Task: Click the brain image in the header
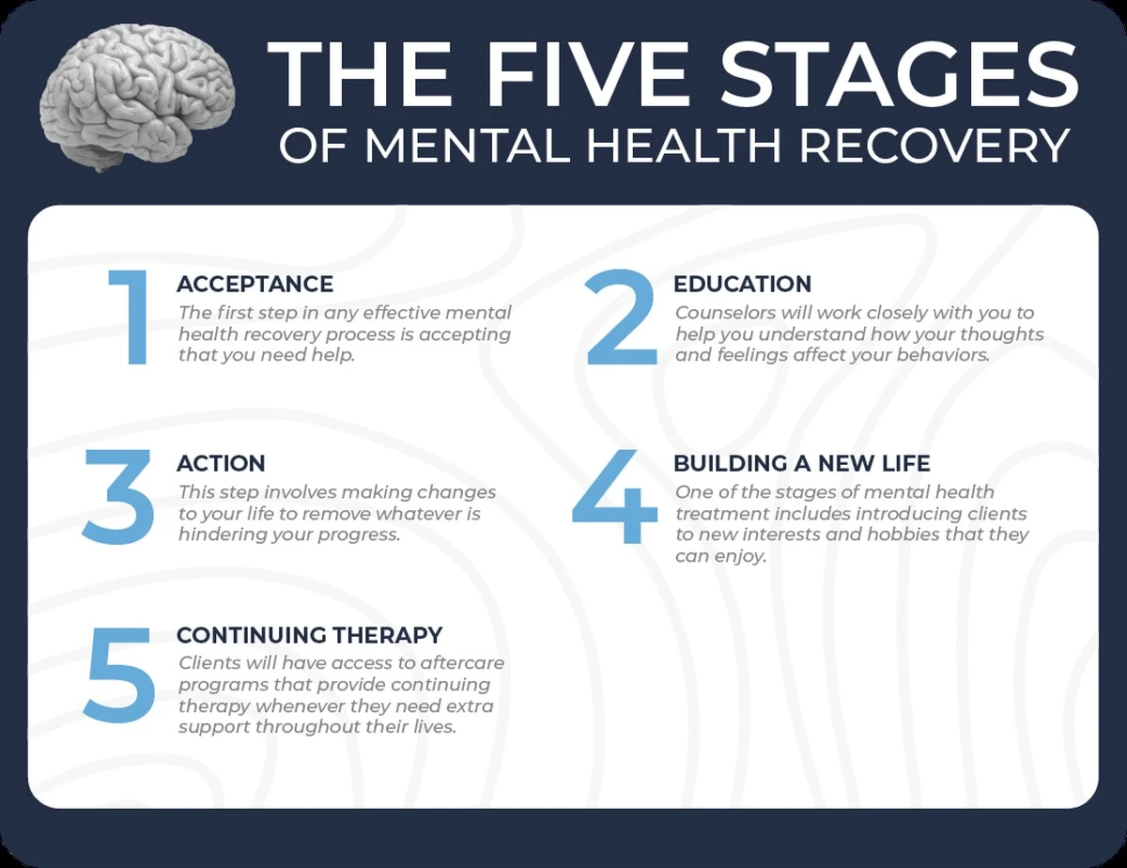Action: [x=137, y=98]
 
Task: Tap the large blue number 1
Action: [x=130, y=317]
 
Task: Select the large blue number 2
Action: [x=622, y=317]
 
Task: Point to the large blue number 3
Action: [x=117, y=496]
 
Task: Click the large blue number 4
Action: [x=614, y=496]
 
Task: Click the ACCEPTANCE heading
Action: [x=255, y=284]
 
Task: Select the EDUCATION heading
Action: [x=742, y=284]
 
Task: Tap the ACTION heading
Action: [x=221, y=463]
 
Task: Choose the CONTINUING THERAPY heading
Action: [x=310, y=635]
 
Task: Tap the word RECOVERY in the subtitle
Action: [x=934, y=147]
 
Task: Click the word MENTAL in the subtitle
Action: [x=465, y=147]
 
